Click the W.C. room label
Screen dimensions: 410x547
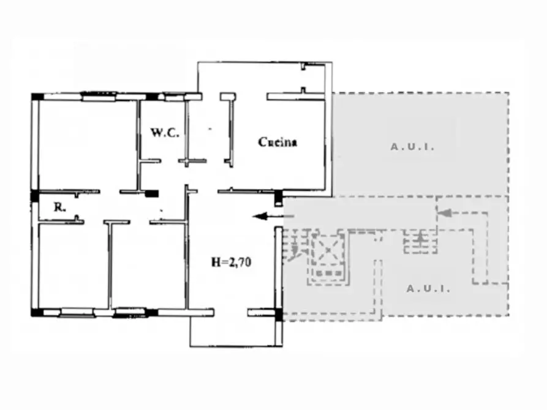click(x=165, y=132)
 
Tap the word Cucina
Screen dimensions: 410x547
click(x=277, y=142)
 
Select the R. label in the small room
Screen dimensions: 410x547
click(x=59, y=207)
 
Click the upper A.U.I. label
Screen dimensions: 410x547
click(x=412, y=147)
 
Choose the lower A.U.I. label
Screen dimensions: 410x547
click(x=428, y=288)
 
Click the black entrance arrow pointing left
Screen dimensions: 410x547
click(x=267, y=215)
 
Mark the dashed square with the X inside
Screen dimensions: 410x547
click(x=328, y=251)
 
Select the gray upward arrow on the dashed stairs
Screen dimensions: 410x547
click(x=421, y=239)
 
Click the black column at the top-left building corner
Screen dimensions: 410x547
click(x=37, y=97)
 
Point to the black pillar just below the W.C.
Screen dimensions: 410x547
click(x=151, y=193)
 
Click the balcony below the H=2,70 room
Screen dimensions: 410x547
click(x=236, y=330)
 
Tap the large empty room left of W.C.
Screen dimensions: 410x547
click(x=86, y=144)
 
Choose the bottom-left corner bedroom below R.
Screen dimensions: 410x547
click(x=72, y=266)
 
